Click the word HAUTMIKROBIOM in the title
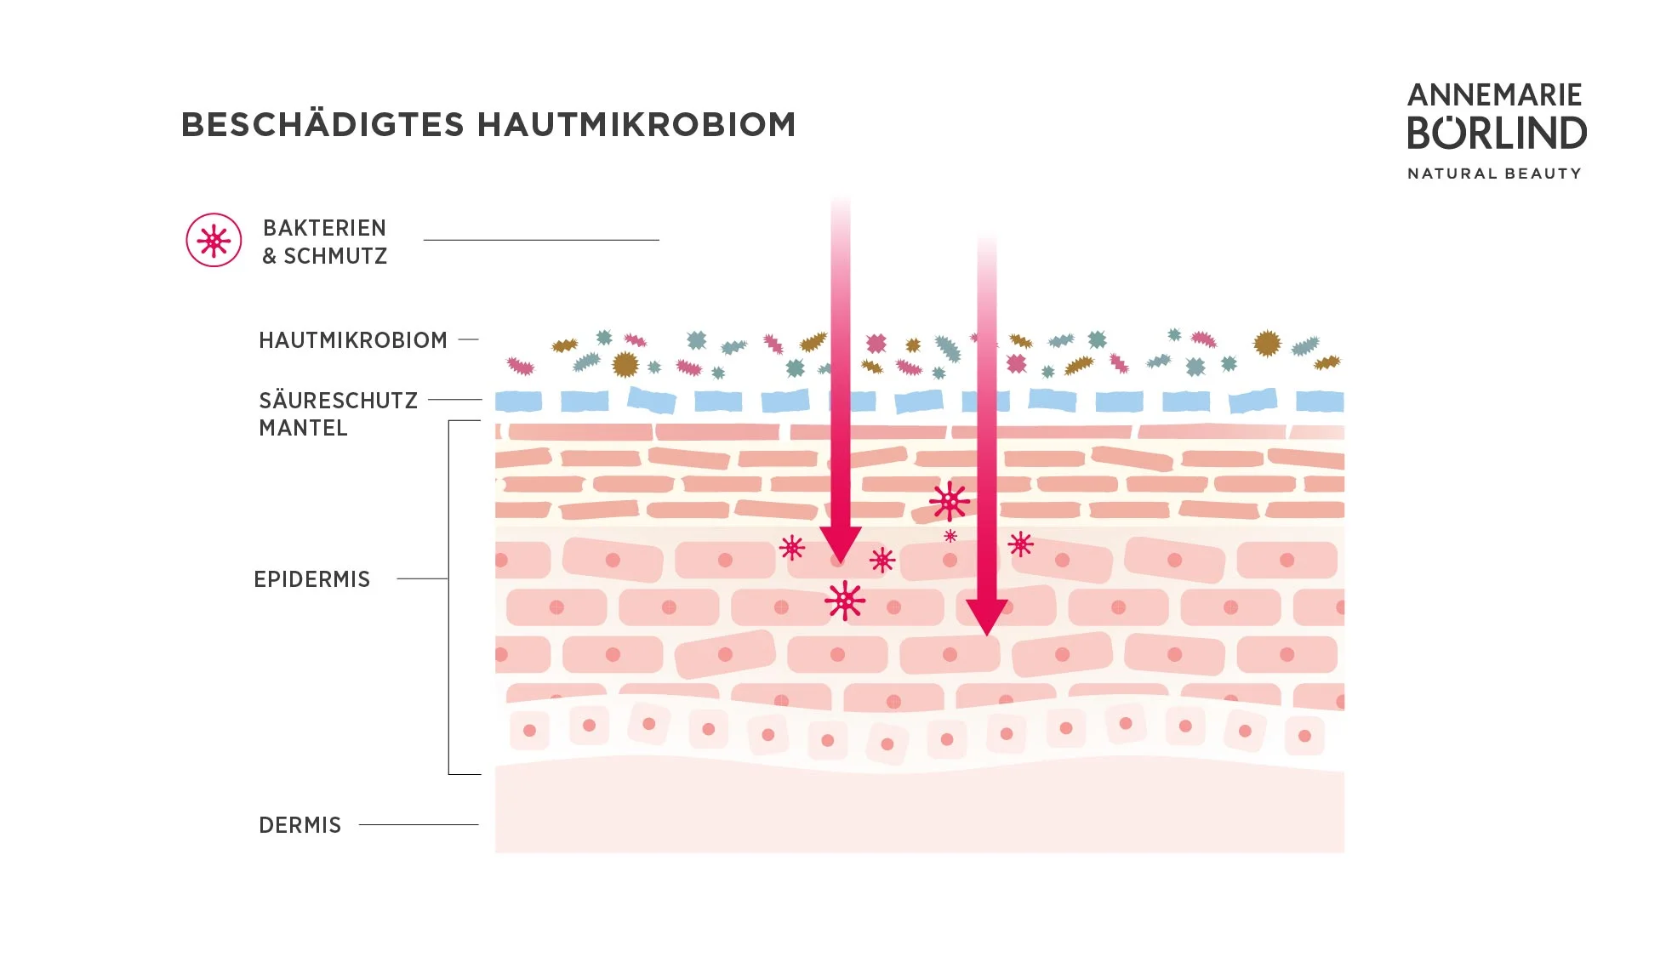pos(636,125)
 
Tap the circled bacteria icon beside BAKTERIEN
pos(214,241)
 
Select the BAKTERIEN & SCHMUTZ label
pos(324,242)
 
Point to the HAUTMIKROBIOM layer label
pos(353,340)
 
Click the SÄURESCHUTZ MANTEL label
pos(338,413)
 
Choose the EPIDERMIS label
pos(311,579)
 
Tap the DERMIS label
pos(300,825)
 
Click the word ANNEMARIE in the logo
pos(1494,94)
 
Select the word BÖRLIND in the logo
pos(1497,134)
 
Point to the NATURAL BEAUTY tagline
pos(1494,174)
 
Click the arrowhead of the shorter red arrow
pos(841,544)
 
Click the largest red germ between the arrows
pos(950,502)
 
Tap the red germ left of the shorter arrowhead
pos(792,548)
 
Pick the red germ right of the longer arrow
pos(1020,544)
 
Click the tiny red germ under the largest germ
pos(950,536)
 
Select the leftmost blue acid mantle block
pos(518,401)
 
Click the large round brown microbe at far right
pos(1267,344)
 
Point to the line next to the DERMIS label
pos(419,824)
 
